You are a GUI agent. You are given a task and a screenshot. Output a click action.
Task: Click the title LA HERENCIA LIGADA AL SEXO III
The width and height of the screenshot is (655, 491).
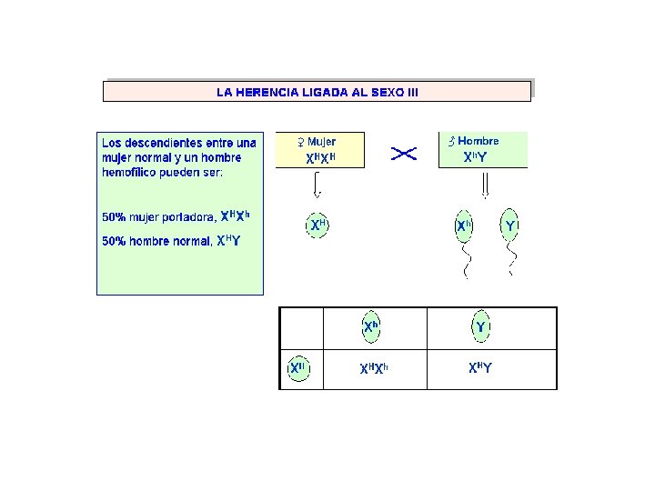click(x=317, y=92)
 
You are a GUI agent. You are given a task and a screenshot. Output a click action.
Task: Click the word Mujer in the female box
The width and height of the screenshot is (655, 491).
click(x=321, y=142)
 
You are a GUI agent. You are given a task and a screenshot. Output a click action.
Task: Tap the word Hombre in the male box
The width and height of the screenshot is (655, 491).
click(x=479, y=141)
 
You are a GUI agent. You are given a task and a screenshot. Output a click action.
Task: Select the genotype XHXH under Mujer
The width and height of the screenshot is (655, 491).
click(x=321, y=157)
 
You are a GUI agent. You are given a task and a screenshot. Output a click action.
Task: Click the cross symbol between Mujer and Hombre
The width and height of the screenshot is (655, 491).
click(x=403, y=154)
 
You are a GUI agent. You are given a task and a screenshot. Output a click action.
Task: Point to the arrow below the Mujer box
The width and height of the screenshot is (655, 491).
click(x=317, y=185)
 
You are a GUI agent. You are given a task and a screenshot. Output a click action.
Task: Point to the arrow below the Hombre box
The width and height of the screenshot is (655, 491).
click(x=485, y=185)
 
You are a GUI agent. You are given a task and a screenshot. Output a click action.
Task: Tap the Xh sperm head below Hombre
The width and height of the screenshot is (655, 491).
click(x=463, y=225)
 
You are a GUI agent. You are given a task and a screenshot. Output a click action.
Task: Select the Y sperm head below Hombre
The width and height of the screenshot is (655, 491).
click(x=510, y=225)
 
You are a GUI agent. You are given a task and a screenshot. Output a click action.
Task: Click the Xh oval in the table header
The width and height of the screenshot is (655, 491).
click(x=371, y=326)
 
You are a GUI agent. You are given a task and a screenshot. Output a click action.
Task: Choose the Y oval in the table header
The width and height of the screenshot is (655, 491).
click(x=480, y=326)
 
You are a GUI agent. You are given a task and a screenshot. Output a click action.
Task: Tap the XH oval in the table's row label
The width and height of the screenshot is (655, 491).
click(x=296, y=369)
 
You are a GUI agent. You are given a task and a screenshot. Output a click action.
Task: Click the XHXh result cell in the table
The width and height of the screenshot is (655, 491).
click(x=374, y=368)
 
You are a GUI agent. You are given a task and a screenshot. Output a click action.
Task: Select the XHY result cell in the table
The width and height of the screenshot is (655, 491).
click(x=480, y=368)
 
